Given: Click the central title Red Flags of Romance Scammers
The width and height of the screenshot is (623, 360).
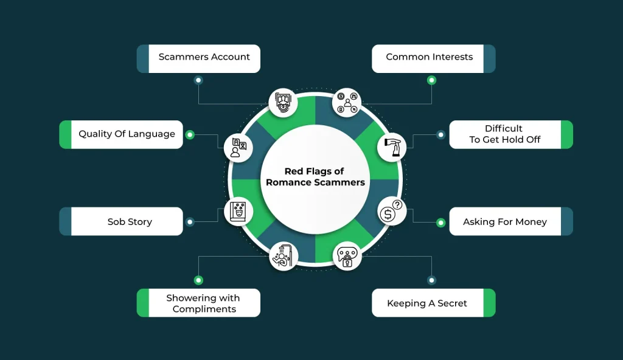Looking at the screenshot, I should (315, 176).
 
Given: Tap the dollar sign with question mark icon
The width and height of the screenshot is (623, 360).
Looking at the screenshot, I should (391, 212).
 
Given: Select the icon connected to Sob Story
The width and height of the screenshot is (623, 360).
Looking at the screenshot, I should (238, 212).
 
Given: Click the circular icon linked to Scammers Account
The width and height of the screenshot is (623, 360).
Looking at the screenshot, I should (284, 103).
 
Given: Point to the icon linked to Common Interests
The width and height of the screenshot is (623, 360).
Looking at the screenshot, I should (347, 103).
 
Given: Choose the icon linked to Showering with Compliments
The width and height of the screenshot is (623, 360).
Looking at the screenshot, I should (284, 256).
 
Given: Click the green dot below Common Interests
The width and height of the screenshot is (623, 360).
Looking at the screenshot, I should (431, 80).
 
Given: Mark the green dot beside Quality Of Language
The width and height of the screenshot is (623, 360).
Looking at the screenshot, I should (190, 134).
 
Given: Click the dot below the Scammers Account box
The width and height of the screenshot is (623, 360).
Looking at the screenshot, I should (198, 80).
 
